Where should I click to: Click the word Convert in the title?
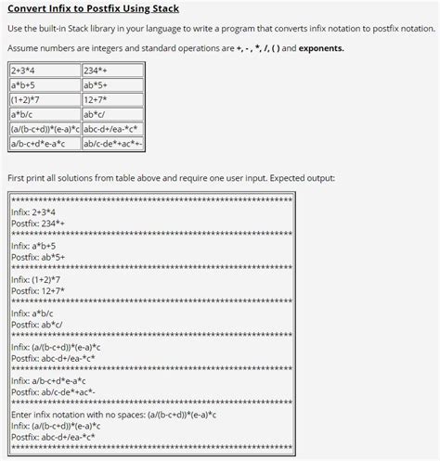point(33,9)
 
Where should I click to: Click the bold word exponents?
point(318,48)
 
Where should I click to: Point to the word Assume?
point(25,48)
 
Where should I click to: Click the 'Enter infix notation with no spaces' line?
point(122,415)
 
